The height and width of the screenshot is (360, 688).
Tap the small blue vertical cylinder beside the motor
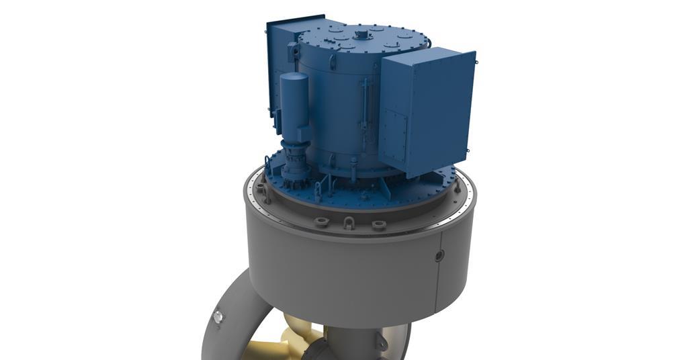click(x=294, y=107)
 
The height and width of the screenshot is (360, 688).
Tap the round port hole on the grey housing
click(x=439, y=255)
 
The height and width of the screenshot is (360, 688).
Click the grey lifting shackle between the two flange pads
click(x=349, y=222)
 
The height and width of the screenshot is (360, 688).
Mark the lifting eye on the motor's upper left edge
click(x=293, y=50)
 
